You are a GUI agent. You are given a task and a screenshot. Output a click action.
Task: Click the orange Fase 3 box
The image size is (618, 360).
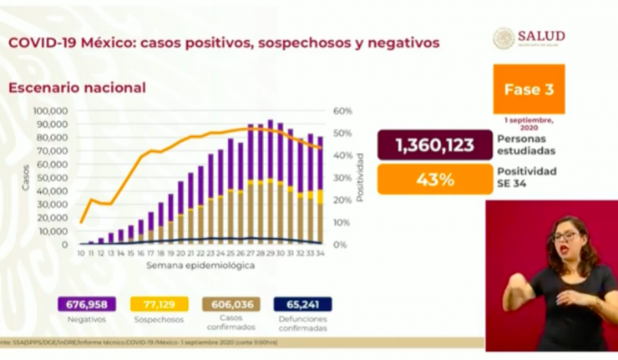pos(529,89)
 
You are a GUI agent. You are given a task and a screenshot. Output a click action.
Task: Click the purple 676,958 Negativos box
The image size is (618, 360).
pos(86,305)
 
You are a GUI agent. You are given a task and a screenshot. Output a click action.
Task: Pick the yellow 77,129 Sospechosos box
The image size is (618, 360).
pos(158,305)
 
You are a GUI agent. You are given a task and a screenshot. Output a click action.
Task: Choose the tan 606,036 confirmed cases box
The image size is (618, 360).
pos(230,305)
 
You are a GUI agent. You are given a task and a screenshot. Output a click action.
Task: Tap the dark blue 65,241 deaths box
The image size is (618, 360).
pos(301,305)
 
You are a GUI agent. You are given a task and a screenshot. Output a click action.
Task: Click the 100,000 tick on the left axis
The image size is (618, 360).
pos(50,111)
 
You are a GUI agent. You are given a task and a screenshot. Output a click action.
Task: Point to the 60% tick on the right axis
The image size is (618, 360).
pos(343,111)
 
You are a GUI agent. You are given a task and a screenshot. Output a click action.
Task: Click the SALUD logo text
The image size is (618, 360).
pos(540,36)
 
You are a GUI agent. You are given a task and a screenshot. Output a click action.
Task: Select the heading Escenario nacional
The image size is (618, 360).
pos(77,88)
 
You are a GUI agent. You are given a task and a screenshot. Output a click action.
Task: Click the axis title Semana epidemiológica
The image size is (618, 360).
pos(200,265)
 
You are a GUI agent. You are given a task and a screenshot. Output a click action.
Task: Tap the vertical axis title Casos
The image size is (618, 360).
pos(26,177)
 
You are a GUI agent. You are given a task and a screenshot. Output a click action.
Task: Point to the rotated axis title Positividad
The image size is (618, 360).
pos(360,177)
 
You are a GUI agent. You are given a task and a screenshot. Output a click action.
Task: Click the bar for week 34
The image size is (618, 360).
pos(320,191)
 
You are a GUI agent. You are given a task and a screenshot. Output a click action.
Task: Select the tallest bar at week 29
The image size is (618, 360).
pos(270,182)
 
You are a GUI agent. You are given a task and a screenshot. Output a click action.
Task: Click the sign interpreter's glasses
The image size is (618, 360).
pos(561,236)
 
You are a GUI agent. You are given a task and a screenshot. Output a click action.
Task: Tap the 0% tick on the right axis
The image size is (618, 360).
pos(340,245)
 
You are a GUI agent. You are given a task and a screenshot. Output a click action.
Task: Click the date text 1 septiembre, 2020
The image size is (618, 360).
pos(529,123)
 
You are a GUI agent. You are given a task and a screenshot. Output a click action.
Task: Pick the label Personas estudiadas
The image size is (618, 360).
pos(520,145)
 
